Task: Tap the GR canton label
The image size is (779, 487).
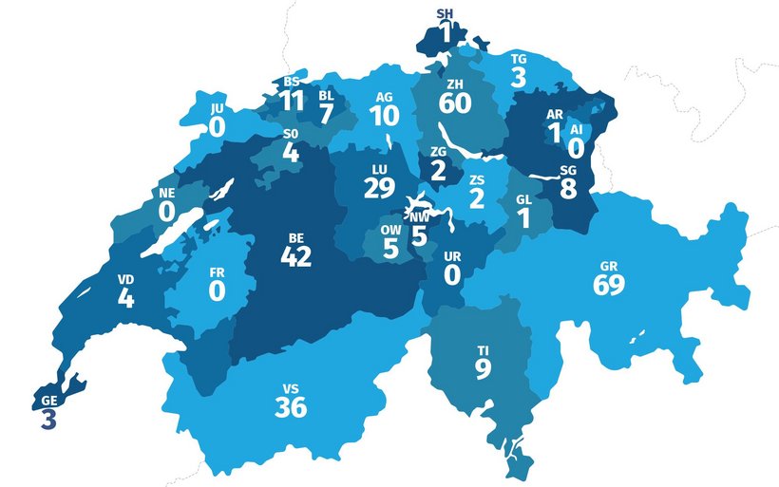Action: (608, 266)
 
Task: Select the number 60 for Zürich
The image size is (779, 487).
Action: (456, 103)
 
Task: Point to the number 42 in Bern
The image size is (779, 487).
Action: (296, 256)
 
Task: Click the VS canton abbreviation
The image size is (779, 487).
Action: (291, 388)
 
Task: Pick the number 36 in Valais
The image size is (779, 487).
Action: (292, 408)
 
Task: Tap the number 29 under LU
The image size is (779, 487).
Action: (378, 188)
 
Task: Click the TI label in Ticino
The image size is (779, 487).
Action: (483, 351)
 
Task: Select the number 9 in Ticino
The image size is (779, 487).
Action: (483, 369)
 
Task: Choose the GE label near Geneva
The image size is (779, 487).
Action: (48, 401)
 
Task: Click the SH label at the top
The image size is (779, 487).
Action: (445, 13)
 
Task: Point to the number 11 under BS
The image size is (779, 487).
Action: (292, 101)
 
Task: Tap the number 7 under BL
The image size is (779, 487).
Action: (326, 113)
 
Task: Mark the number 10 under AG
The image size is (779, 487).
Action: (385, 116)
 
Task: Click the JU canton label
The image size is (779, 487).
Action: (218, 109)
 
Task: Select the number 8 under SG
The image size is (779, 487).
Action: (568, 188)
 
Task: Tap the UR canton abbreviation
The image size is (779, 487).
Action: (452, 257)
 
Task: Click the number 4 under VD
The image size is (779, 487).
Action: (125, 298)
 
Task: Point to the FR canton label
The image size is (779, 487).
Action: (218, 272)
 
